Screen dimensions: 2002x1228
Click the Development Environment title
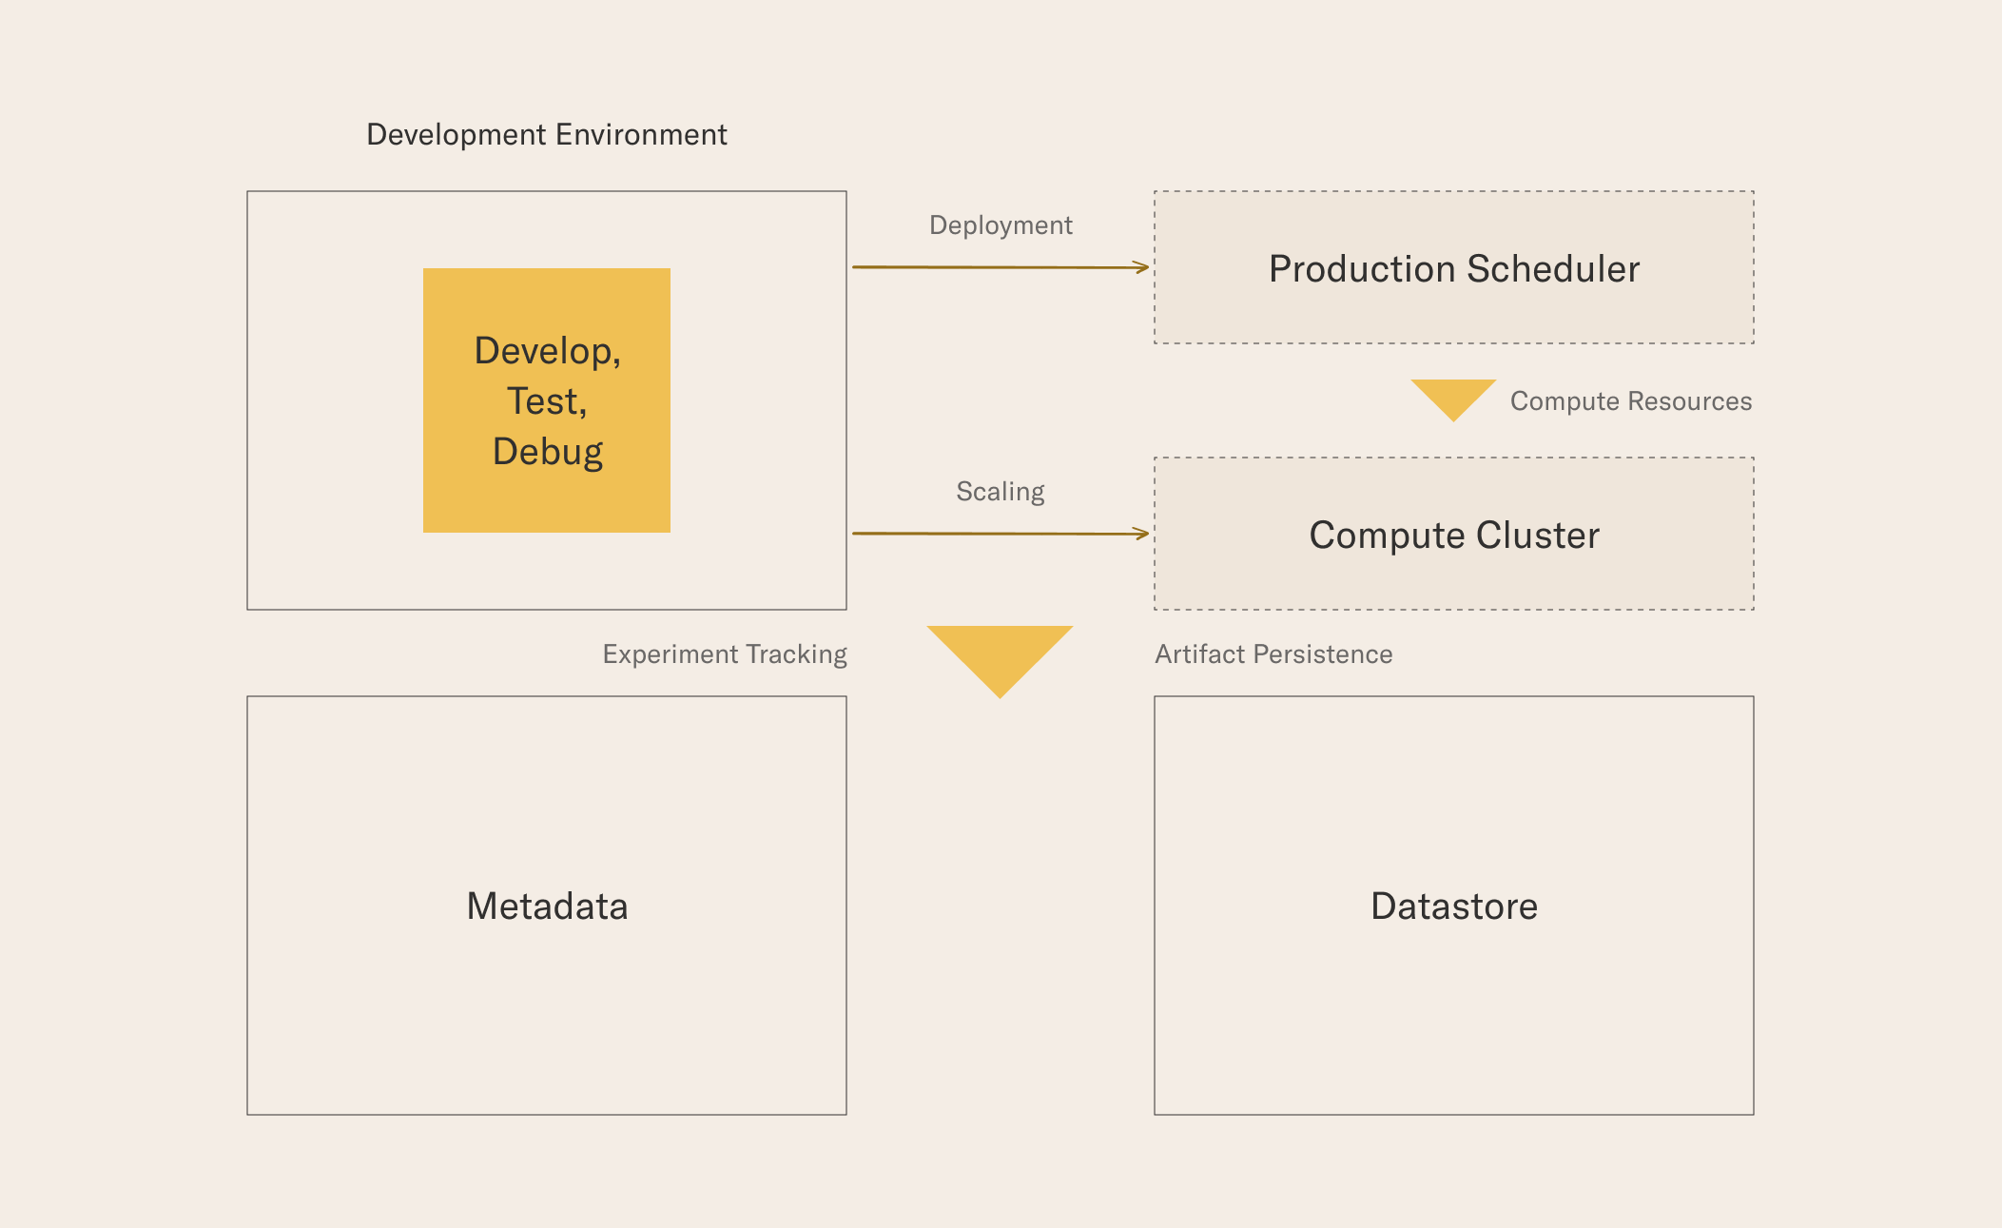coord(547,135)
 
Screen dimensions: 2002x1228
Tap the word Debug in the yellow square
coord(548,453)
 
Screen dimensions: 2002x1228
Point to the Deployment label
coord(1001,225)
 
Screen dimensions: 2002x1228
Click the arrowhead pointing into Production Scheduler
coord(1142,267)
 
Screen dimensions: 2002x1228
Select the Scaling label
coord(1001,492)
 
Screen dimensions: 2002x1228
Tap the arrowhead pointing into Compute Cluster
coord(1142,534)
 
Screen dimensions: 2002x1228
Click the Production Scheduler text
coord(1454,269)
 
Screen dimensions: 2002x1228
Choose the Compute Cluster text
coord(1454,536)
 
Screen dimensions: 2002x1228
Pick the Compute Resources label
coord(1631,401)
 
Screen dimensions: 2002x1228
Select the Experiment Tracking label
coord(725,654)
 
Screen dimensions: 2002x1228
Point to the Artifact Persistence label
coord(1273,654)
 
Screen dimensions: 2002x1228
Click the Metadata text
coord(547,906)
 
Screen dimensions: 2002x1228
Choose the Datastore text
coord(1454,906)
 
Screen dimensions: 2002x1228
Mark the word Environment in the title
coord(641,135)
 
